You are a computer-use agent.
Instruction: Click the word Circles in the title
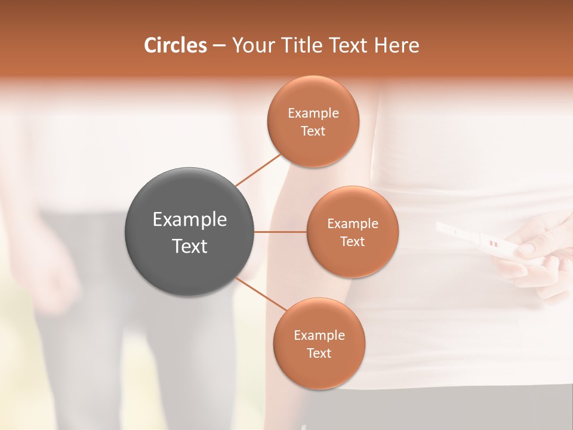[x=175, y=45]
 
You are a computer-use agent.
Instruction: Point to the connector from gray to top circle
[x=257, y=170]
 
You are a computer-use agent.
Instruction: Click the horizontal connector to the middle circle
[x=281, y=232]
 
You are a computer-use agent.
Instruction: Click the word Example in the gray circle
[x=190, y=220]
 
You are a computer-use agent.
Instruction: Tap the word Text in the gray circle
[x=190, y=246]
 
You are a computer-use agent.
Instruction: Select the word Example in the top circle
[x=313, y=113]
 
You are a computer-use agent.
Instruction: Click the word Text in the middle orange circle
[x=352, y=241]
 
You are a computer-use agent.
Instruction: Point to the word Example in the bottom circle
[x=319, y=336]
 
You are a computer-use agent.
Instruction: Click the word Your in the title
[x=252, y=45]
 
